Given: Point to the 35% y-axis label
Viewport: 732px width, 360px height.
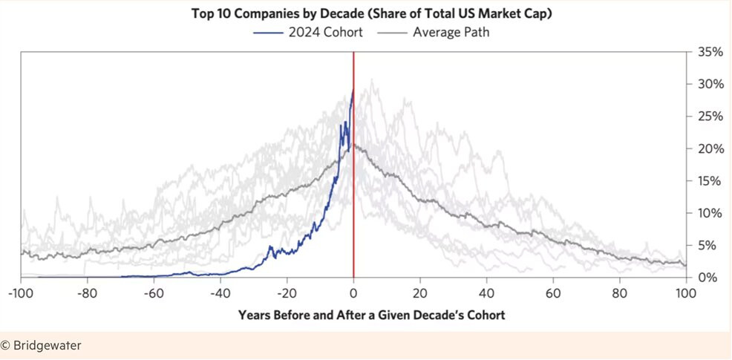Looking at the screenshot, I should pyautogui.click(x=710, y=52).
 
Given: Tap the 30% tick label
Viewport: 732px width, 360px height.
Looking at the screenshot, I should pyautogui.click(x=710, y=84).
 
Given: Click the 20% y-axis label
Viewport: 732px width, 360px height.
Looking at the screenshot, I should pyautogui.click(x=710, y=148).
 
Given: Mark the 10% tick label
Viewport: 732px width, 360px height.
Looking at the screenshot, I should pyautogui.click(x=710, y=213).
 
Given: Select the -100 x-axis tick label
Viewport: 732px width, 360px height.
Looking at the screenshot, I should pyautogui.click(x=22, y=292).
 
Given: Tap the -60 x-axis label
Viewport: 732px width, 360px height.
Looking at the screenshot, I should pyautogui.click(x=154, y=292).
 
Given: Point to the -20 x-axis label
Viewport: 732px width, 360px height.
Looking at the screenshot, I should pyautogui.click(x=287, y=292).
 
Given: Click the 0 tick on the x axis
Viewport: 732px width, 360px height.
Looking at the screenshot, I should pyautogui.click(x=353, y=292).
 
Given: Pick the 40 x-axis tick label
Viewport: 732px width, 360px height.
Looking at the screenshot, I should pyautogui.click(x=486, y=292).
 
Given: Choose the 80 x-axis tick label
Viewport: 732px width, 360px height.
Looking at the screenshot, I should pyautogui.click(x=619, y=292).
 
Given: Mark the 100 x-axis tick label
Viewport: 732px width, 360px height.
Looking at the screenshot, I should pyautogui.click(x=685, y=292).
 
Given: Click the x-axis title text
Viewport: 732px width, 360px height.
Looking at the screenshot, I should pyautogui.click(x=371, y=315).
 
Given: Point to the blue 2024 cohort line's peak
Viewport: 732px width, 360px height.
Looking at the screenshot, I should pyautogui.click(x=353, y=91).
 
